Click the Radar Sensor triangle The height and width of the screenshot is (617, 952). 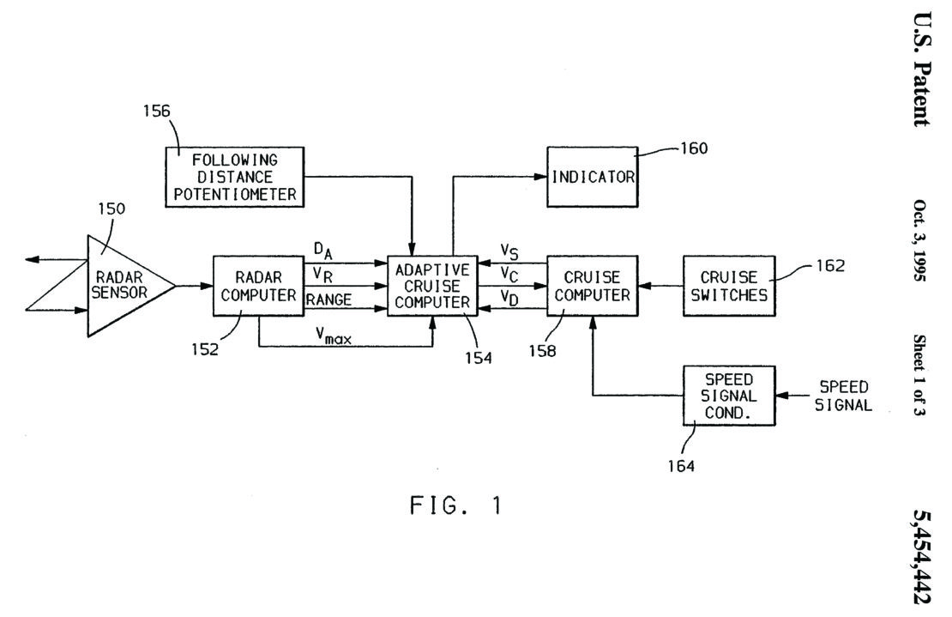pos(124,285)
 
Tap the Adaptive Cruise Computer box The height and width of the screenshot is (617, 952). pos(433,285)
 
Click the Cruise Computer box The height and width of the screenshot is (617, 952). pos(593,285)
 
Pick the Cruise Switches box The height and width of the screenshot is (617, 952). pos(728,285)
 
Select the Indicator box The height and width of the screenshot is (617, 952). pos(593,177)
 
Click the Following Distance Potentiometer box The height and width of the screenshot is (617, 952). pos(235,177)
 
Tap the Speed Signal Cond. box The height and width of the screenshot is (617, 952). pos(728,396)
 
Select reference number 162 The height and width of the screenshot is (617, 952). pos(832,266)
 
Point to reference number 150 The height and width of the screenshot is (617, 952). pos(111,209)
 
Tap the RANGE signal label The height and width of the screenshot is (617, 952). pos(328,299)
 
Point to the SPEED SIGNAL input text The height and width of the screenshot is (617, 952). pos(844,396)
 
